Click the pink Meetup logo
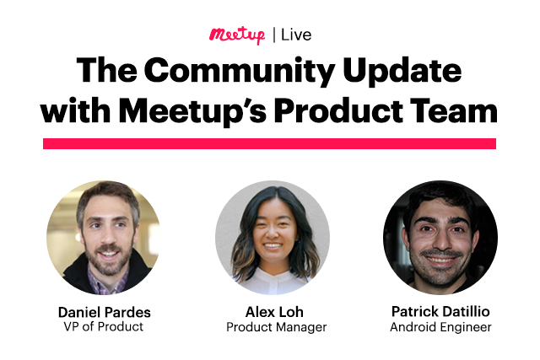coord(237,35)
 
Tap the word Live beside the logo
coord(296,35)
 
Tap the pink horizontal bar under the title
coord(269,143)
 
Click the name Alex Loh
coord(271,312)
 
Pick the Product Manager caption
coord(271,327)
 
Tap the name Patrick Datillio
coord(440,312)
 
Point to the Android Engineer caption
coord(440,327)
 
